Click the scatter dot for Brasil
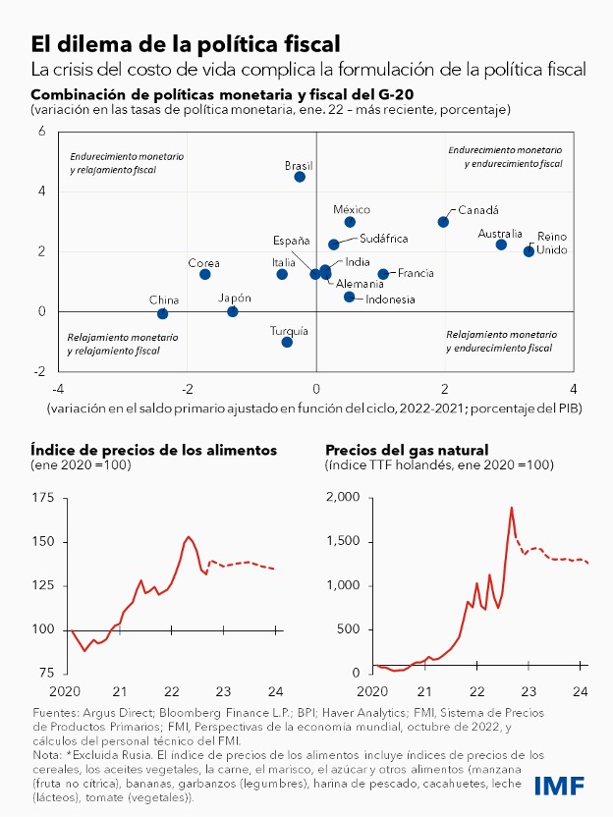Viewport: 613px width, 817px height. [x=300, y=177]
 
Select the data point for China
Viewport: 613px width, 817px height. [x=162, y=313]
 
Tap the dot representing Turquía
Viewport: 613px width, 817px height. [x=287, y=342]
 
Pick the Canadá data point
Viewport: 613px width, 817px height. [x=443, y=222]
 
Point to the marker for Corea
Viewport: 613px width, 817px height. [x=205, y=274]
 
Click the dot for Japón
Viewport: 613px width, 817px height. [x=233, y=311]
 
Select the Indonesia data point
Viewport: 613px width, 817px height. [x=349, y=297]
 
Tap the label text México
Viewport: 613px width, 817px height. [x=351, y=209]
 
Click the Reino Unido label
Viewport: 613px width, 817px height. [x=551, y=245]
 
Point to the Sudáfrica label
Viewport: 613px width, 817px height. [x=383, y=239]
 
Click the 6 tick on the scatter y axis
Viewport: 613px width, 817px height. [x=41, y=131]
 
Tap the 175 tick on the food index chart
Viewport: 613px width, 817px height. [x=43, y=498]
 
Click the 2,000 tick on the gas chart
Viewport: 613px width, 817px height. [x=345, y=498]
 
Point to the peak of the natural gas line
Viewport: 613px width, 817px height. [x=512, y=508]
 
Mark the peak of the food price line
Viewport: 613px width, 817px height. [x=189, y=536]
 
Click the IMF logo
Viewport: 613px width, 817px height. [x=559, y=786]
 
